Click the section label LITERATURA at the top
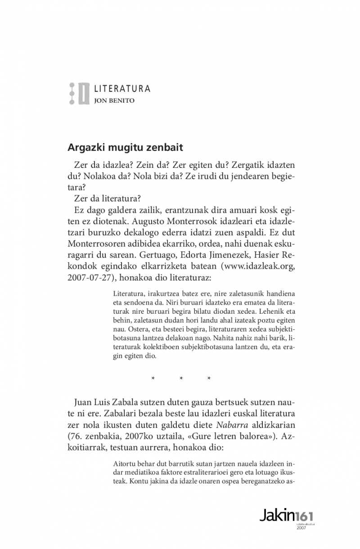122,89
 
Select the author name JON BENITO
114,100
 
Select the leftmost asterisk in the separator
153,378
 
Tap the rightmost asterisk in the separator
209,378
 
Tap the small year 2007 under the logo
301,527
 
